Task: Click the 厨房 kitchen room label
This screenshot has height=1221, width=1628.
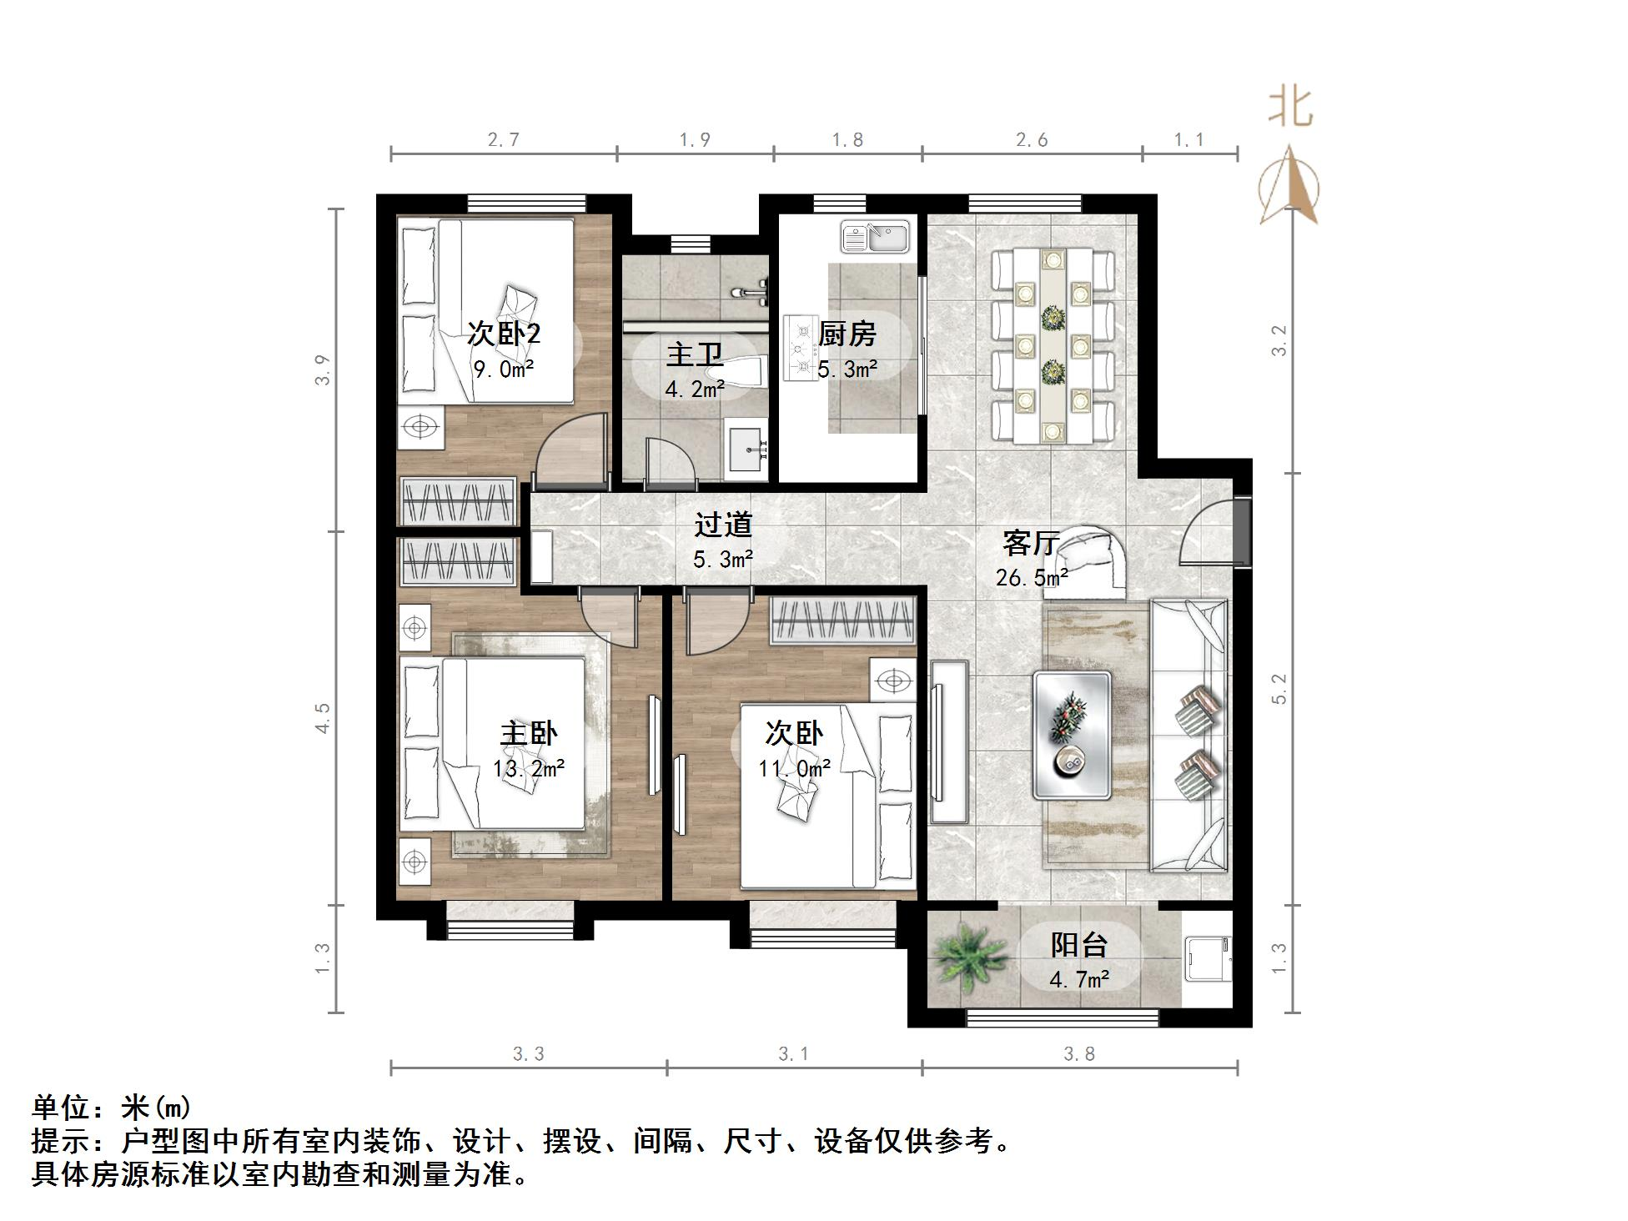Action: pos(847,334)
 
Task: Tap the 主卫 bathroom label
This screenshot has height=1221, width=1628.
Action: pos(694,354)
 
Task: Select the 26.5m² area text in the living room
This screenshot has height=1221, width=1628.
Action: pos(1032,577)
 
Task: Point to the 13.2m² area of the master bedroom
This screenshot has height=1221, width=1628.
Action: pos(529,768)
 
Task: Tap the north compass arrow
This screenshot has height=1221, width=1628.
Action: pos(1289,185)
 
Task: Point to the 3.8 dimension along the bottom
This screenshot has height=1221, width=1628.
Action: pos(1079,1054)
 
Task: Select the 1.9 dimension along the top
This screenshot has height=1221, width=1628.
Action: pos(694,140)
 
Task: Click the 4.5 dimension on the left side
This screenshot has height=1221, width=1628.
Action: pos(323,718)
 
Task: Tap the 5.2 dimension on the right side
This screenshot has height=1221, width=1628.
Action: pos(1279,689)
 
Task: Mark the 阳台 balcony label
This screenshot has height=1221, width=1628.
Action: pos(1078,945)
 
